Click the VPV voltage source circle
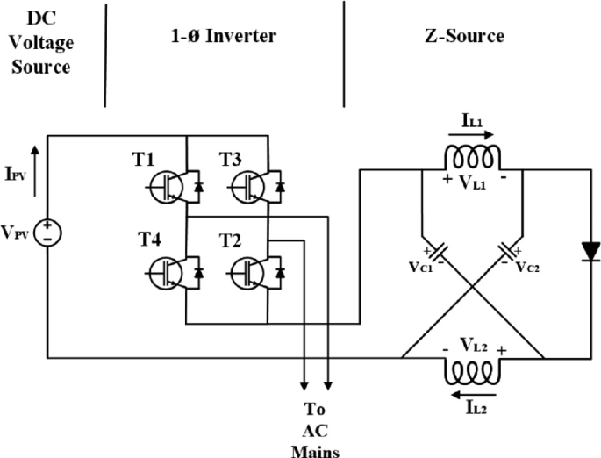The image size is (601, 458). coord(47,232)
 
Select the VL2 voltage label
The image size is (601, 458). coord(475,346)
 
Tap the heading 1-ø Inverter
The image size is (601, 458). coord(223,36)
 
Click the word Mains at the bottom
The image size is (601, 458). coord(314,449)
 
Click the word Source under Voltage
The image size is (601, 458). coord(40,67)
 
